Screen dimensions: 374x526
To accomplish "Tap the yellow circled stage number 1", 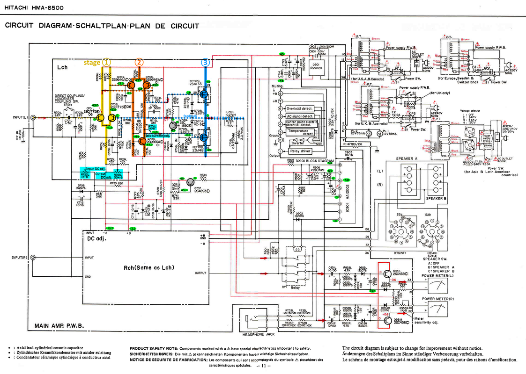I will (107, 62).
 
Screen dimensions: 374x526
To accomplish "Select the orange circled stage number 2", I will (140, 62).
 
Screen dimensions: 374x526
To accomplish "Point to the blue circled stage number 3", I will (205, 62).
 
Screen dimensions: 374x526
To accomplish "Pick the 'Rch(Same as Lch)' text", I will (149, 267).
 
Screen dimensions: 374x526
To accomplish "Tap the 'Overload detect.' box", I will (300, 108).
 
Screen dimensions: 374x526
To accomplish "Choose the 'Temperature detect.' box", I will (300, 132).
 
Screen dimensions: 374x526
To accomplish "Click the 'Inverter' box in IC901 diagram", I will (298, 143).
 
